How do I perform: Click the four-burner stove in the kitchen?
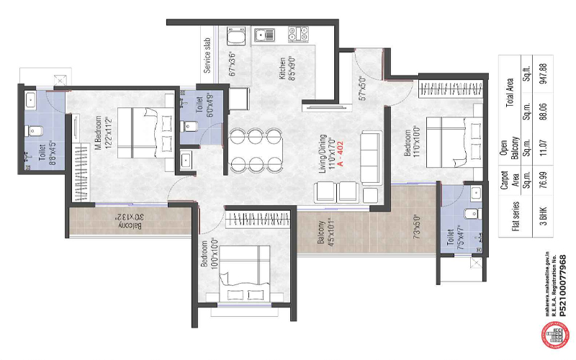pyautogui.click(x=297, y=32)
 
